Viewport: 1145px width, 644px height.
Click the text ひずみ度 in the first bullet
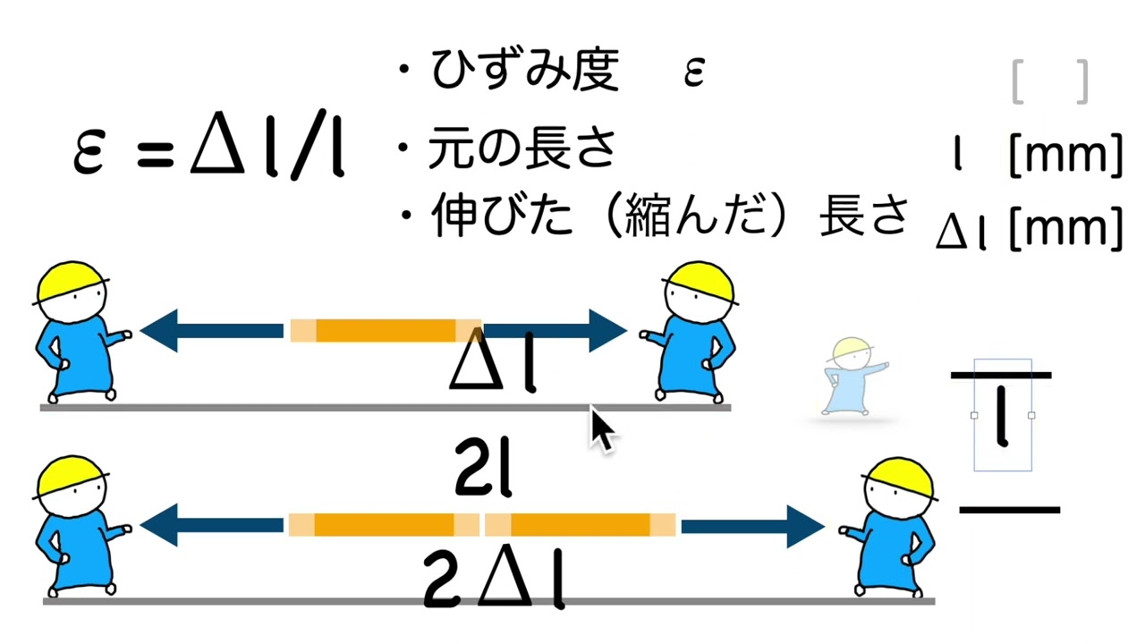[524, 71]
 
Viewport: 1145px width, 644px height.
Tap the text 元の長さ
[522, 148]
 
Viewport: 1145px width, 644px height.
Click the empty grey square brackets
[1050, 82]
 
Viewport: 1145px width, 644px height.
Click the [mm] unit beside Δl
[1065, 229]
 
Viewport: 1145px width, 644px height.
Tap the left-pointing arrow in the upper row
[211, 330]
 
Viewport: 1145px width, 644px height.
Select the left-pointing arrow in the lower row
[211, 526]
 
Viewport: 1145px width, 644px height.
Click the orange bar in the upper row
[386, 330]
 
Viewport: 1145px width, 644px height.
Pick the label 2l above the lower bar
[483, 473]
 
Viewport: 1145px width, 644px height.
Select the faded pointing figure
[851, 377]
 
